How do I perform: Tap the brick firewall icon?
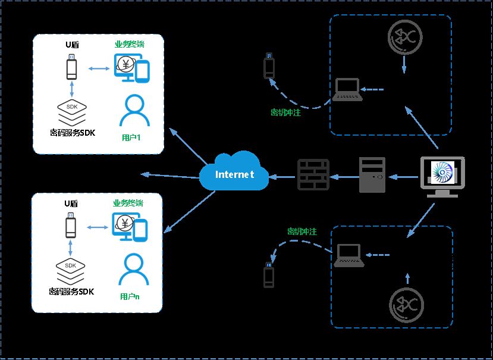pos(313,175)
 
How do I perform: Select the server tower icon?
pos(372,175)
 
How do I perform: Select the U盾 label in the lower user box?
pos(71,204)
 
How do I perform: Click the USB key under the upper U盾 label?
pos(72,67)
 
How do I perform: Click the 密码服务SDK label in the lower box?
pos(71,292)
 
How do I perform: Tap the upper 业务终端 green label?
pos(130,45)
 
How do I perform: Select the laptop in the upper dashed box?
pos(347,90)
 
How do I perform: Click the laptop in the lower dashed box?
pos(349,255)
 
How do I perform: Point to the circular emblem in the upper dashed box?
pos(404,37)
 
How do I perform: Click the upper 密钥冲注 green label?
pos(285,112)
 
